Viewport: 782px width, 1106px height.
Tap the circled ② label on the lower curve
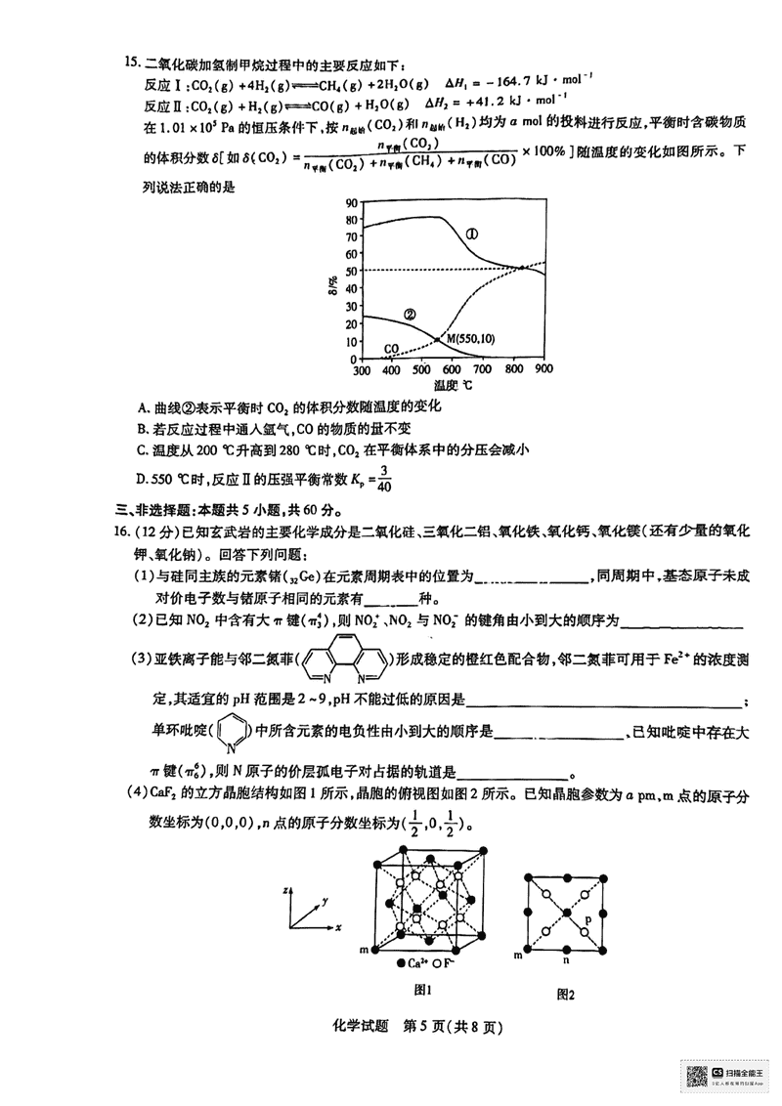click(410, 315)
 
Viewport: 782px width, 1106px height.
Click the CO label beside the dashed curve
click(391, 348)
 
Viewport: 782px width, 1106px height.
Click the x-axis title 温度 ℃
click(453, 386)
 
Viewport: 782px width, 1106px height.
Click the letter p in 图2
click(586, 918)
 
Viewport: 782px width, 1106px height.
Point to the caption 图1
click(422, 989)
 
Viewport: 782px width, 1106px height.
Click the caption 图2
click(564, 994)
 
